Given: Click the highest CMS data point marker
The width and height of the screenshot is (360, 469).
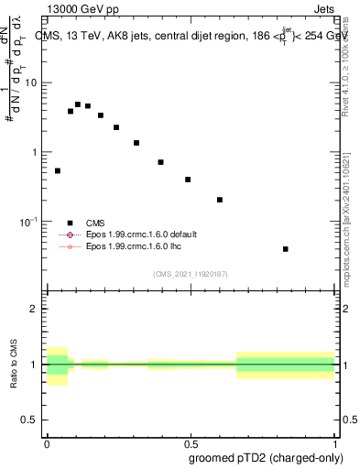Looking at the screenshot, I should [78, 104].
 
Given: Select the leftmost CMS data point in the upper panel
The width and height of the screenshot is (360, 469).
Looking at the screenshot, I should [58, 170].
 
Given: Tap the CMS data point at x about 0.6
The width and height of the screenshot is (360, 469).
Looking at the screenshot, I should [220, 200].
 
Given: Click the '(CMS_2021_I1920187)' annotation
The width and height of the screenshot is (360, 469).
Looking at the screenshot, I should [190, 273].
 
